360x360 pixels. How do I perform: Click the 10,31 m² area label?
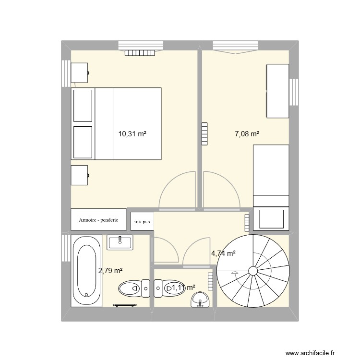[x=132, y=134]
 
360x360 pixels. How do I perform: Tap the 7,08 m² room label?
[x=247, y=134]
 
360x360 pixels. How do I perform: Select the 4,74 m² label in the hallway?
[x=223, y=253]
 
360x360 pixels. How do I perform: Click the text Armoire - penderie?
[x=98, y=221]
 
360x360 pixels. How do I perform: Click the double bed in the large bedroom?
[x=116, y=123]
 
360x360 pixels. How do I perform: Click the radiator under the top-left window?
[x=140, y=53]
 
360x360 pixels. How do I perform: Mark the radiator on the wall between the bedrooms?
[x=205, y=133]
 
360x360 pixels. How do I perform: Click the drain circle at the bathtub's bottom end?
[x=86, y=295]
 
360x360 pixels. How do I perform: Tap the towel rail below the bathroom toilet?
[x=125, y=304]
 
